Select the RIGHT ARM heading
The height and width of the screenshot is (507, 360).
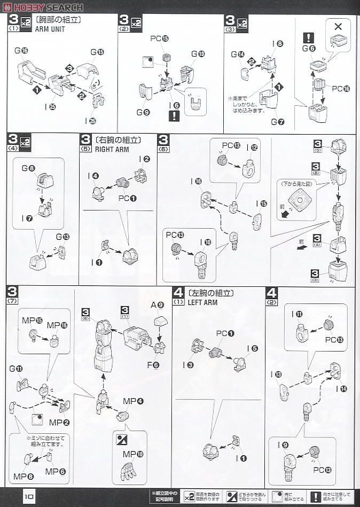pos(111,150)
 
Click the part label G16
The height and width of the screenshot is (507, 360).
pos(21,50)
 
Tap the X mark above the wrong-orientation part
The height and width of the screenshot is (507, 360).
pos(338,26)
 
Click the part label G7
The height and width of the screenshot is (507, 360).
pos(277,122)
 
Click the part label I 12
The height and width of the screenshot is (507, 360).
pos(252,147)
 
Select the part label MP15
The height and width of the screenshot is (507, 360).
pos(32,320)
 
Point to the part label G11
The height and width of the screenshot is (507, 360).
pos(16,368)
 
